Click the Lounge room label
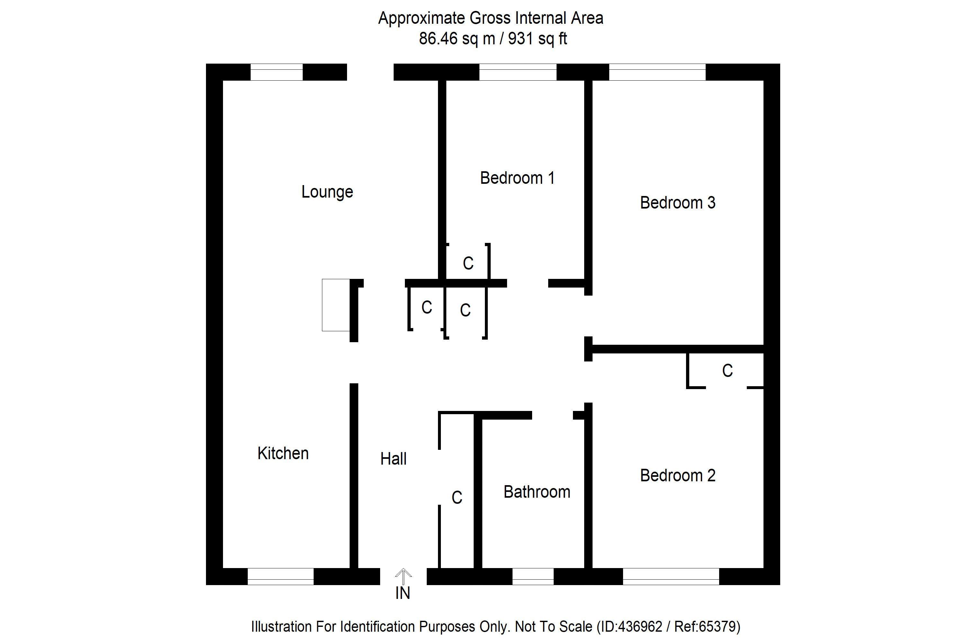point(327,192)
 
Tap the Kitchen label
point(283,453)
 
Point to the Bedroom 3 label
point(677,203)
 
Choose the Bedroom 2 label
point(677,476)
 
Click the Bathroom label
point(537,492)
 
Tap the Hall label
point(393,459)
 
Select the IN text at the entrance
point(403,593)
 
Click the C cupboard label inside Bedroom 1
point(468,263)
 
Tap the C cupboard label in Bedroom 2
point(727,371)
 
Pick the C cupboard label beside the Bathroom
point(457,497)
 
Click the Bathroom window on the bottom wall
point(533,576)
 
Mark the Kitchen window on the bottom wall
point(281,576)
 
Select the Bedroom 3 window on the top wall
point(657,72)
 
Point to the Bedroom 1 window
point(518,72)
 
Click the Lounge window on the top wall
point(276,72)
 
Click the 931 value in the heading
point(521,39)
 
